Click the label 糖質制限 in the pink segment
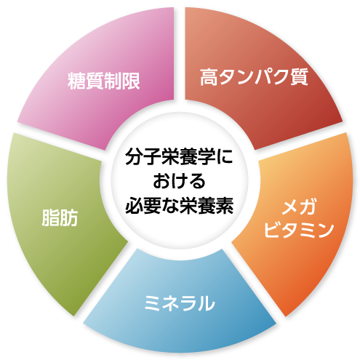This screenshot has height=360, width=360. coord(104,81)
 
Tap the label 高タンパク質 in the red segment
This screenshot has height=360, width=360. coord(254,77)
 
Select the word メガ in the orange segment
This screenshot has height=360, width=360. coord(299,207)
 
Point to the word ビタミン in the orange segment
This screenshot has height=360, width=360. coord(299,229)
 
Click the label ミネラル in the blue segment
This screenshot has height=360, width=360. coord(180,303)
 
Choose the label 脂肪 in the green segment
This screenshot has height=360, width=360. coord(60,217)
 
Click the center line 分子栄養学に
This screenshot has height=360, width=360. coord(179,156)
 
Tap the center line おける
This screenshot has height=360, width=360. coord(179,181)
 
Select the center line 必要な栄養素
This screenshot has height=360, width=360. coord(180,206)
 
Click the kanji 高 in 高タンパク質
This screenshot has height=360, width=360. coord(209,77)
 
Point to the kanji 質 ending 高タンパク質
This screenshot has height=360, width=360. coord(300,77)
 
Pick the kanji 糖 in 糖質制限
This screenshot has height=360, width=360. coord(76,81)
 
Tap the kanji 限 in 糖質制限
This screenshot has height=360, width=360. coord(131,81)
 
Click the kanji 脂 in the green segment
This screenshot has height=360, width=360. coord(51,217)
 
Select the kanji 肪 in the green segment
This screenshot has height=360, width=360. coord(69,217)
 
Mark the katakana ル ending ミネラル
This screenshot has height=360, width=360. coord(207,303)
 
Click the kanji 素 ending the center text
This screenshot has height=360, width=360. coord(225,206)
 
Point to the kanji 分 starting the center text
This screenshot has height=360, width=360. coord(134,156)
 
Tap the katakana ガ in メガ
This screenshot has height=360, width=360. coord(308,207)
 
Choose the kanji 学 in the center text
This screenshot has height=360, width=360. coord(207,156)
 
